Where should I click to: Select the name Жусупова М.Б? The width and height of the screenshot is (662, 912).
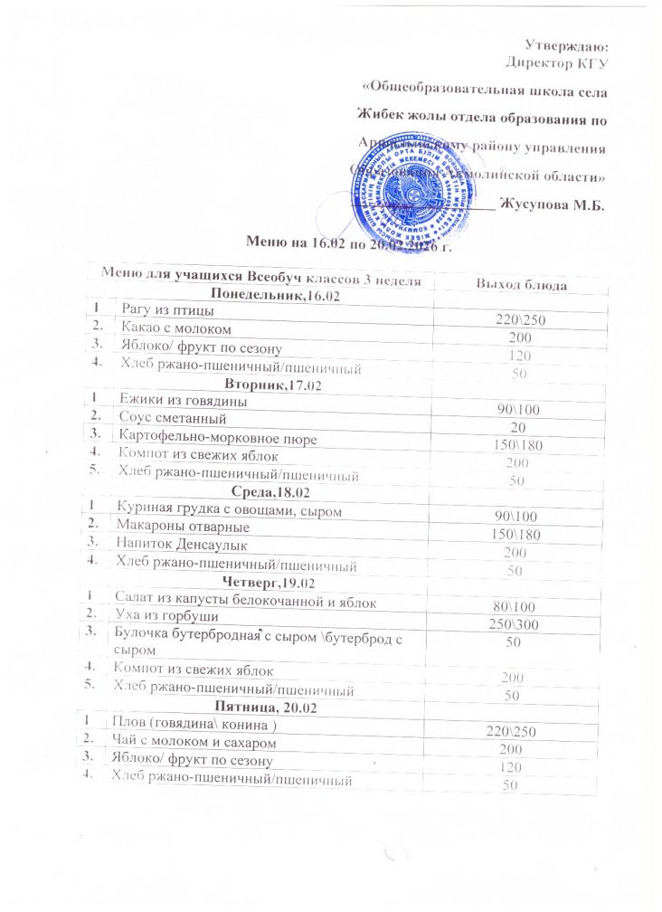[x=553, y=205]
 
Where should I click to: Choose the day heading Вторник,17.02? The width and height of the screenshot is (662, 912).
[x=266, y=385]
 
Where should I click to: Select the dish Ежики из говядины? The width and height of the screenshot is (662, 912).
[x=182, y=400]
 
